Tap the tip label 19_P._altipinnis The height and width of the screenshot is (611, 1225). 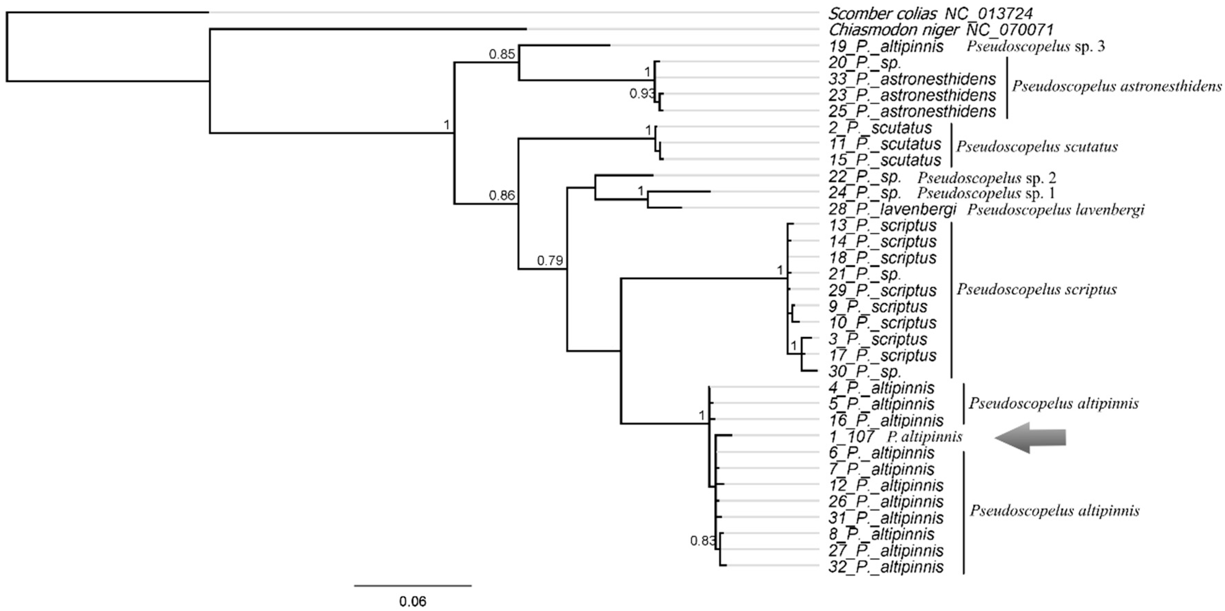click(886, 46)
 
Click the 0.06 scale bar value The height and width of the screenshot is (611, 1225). click(412, 601)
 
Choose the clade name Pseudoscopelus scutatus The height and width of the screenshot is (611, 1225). click(1037, 147)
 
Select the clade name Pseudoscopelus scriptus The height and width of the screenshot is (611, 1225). click(1037, 289)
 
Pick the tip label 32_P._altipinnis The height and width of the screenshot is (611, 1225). click(886, 567)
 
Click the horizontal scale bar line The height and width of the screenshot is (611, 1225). click(413, 585)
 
